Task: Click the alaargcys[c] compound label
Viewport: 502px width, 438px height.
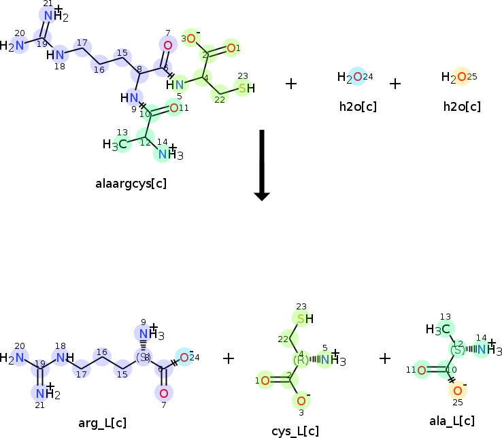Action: (132, 183)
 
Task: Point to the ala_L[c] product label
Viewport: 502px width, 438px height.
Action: (452, 421)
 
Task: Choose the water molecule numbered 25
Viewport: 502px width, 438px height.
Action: (456, 77)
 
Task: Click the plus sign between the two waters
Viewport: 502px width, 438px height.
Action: (395, 84)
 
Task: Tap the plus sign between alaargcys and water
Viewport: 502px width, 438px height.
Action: (291, 84)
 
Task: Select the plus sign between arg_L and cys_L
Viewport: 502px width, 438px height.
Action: (229, 358)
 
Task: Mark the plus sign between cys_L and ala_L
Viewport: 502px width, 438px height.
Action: (385, 358)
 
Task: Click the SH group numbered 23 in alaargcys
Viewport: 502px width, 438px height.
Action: (245, 87)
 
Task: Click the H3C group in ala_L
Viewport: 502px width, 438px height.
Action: (437, 329)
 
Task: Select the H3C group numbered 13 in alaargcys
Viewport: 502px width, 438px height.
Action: (115, 144)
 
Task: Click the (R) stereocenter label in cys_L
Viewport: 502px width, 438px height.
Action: (301, 358)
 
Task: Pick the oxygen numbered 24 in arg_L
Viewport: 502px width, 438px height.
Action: (184, 357)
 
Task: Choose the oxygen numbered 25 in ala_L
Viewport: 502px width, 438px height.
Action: (457, 390)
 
